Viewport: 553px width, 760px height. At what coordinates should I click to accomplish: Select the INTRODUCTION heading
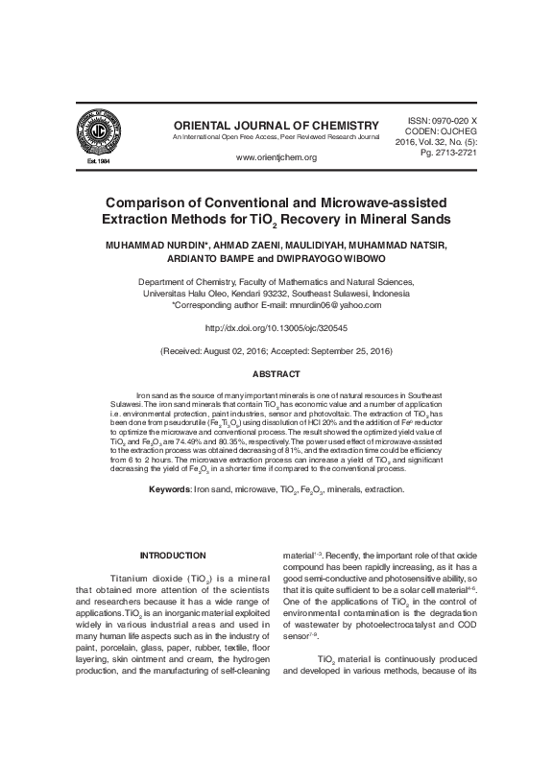[174, 556]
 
